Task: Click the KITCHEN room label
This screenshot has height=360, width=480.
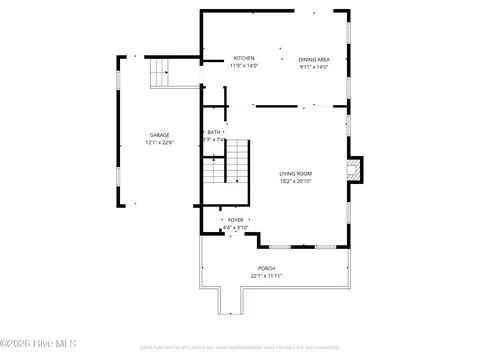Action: (x=244, y=58)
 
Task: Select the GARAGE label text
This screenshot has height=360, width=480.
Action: (x=159, y=134)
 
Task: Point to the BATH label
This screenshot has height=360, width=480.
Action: (x=214, y=132)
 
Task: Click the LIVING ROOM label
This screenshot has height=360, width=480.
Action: (x=295, y=174)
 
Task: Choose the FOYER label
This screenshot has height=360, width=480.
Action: (x=235, y=219)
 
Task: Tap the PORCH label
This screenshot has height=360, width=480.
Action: (x=266, y=267)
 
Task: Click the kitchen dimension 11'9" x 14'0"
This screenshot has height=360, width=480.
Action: (x=244, y=66)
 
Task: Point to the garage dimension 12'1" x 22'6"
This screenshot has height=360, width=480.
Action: (x=159, y=142)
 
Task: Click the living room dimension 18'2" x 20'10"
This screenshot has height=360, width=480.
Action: (x=295, y=182)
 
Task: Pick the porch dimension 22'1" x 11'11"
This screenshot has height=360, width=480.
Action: (x=266, y=275)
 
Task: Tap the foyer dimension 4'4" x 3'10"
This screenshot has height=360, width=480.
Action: (x=235, y=227)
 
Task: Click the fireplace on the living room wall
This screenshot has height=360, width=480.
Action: (x=355, y=170)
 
